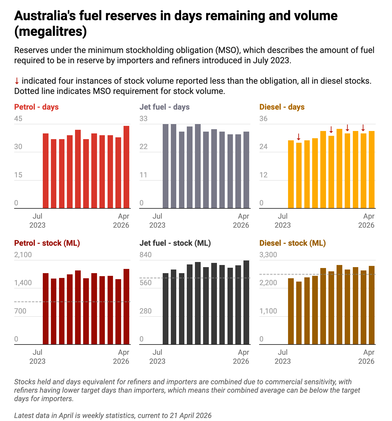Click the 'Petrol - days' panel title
[36, 107]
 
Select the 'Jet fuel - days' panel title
[165, 107]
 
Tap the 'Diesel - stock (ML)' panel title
[293, 243]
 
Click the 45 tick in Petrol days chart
[18, 119]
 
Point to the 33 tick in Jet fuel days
[143, 119]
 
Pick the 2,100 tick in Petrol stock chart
[23, 255]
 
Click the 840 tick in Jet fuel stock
[146, 255]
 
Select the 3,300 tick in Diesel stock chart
[268, 255]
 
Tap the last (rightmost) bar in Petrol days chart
[127, 167]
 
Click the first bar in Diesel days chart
[291, 174]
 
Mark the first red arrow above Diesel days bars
[299, 137]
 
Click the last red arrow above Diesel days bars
[363, 128]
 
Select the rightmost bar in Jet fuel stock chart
[246, 302]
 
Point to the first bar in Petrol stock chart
[46, 309]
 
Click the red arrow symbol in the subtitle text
[17, 81]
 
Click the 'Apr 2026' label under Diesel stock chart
[366, 357]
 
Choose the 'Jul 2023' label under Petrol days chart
[37, 220]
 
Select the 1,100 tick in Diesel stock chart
[268, 311]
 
